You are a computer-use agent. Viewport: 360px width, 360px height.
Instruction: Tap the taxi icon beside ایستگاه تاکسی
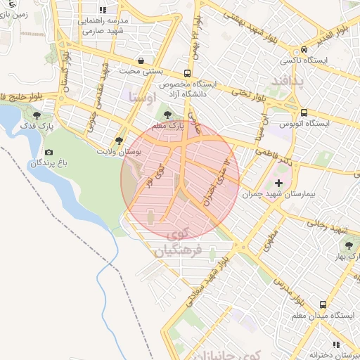[x=304, y=50]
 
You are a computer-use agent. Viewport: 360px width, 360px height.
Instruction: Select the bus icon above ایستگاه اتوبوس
[x=304, y=112]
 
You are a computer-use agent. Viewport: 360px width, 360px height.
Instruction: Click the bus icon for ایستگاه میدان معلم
[x=323, y=305]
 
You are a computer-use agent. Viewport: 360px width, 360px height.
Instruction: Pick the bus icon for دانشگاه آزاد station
[x=187, y=73]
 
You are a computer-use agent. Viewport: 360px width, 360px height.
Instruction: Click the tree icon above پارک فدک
[x=37, y=115]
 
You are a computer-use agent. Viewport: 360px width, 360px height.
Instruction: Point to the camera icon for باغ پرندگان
[x=49, y=153]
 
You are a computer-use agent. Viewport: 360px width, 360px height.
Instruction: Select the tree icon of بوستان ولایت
[x=118, y=141]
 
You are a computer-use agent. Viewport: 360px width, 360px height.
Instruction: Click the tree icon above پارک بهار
[x=347, y=244]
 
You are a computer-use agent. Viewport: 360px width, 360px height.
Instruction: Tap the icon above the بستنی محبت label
[x=143, y=60]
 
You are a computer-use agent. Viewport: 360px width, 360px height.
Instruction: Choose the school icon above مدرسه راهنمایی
[x=103, y=11]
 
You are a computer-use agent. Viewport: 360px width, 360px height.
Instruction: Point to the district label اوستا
[x=145, y=98]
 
